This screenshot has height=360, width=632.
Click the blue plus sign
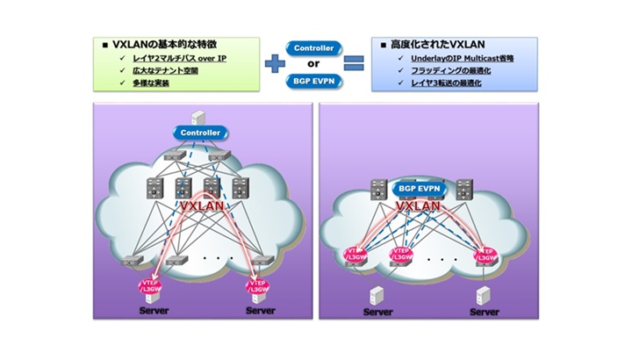click(275, 62)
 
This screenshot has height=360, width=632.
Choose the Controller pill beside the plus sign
click(315, 47)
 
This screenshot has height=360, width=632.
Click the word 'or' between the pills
click(315, 63)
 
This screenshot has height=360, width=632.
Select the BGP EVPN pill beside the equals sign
click(315, 80)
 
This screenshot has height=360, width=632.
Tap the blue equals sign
click(354, 62)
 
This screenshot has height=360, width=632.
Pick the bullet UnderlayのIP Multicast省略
click(451, 58)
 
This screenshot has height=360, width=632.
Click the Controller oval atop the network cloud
click(200, 133)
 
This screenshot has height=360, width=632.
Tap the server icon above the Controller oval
click(199, 115)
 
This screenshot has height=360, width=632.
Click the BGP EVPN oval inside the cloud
click(418, 188)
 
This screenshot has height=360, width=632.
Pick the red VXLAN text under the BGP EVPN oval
click(418, 207)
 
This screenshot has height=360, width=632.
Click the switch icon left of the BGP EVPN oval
click(378, 188)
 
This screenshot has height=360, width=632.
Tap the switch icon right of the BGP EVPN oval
click(461, 188)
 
